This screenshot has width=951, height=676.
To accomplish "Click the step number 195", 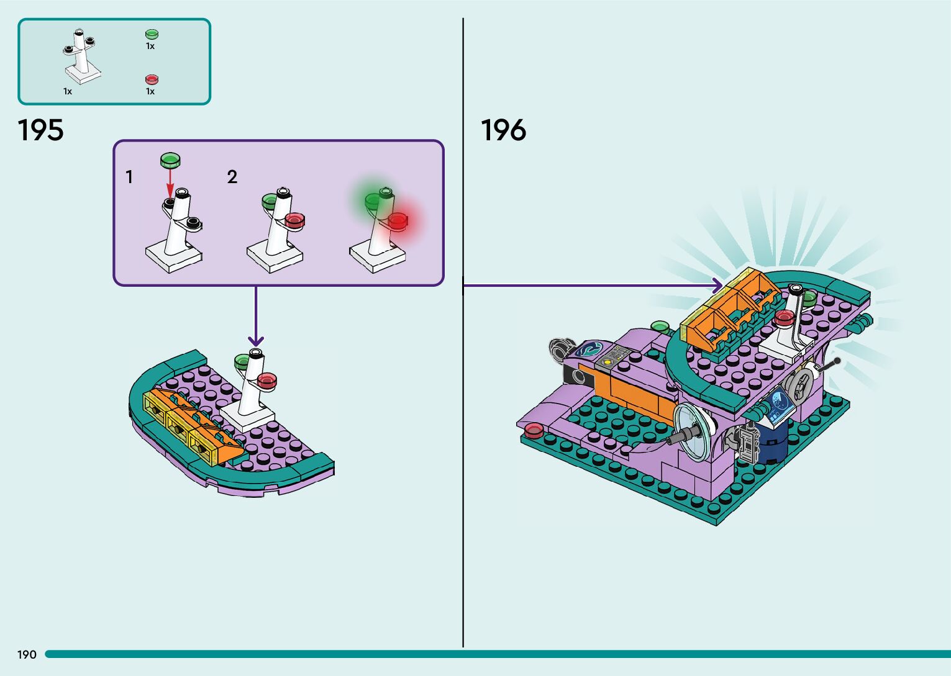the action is point(41,130).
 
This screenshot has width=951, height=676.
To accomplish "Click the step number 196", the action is point(504,130).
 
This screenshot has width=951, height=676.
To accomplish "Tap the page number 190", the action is point(27,654).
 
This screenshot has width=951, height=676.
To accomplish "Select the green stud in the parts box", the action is point(152,34).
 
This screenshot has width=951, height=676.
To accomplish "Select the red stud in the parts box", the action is point(152,79).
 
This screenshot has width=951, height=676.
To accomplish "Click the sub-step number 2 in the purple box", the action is point(232,177).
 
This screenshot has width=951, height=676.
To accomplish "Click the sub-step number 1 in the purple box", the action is point(129,177).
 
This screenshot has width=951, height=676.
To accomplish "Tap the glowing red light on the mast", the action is point(398,220).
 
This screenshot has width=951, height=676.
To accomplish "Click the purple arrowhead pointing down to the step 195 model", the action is point(255,341).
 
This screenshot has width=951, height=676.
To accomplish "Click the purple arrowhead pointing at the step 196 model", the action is point(717,285).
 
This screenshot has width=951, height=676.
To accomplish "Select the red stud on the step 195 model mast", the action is point(266,381).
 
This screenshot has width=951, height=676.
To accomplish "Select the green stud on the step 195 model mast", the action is point(242,361).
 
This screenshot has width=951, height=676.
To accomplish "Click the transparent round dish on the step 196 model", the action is point(693,432).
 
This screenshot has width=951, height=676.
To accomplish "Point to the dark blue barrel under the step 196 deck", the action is point(771,442).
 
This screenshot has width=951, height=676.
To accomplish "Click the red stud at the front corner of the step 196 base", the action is point(533,431).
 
